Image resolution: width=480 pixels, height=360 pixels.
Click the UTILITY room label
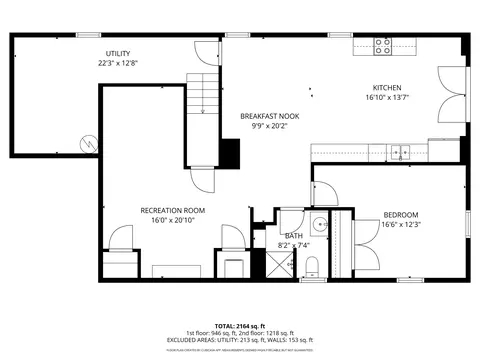(x=119, y=53)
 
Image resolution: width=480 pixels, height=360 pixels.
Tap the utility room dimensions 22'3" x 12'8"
(x=119, y=63)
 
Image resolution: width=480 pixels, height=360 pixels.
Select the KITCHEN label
(x=387, y=87)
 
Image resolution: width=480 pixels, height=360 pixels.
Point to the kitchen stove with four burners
(x=383, y=44)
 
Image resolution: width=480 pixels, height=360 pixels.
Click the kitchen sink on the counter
(x=400, y=153)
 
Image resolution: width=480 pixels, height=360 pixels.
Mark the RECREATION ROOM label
(x=172, y=210)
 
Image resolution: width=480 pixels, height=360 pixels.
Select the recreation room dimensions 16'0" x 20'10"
(x=172, y=220)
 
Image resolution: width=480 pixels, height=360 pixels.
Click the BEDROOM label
(x=400, y=215)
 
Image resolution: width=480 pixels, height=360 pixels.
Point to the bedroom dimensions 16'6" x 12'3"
(x=400, y=225)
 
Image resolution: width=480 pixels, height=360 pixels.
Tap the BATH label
(x=293, y=235)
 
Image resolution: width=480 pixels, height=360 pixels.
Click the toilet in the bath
(x=312, y=264)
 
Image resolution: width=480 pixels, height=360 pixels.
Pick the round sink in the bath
(x=317, y=223)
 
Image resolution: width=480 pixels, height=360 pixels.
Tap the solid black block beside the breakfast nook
(x=231, y=153)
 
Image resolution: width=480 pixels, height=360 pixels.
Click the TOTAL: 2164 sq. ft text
(x=239, y=326)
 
